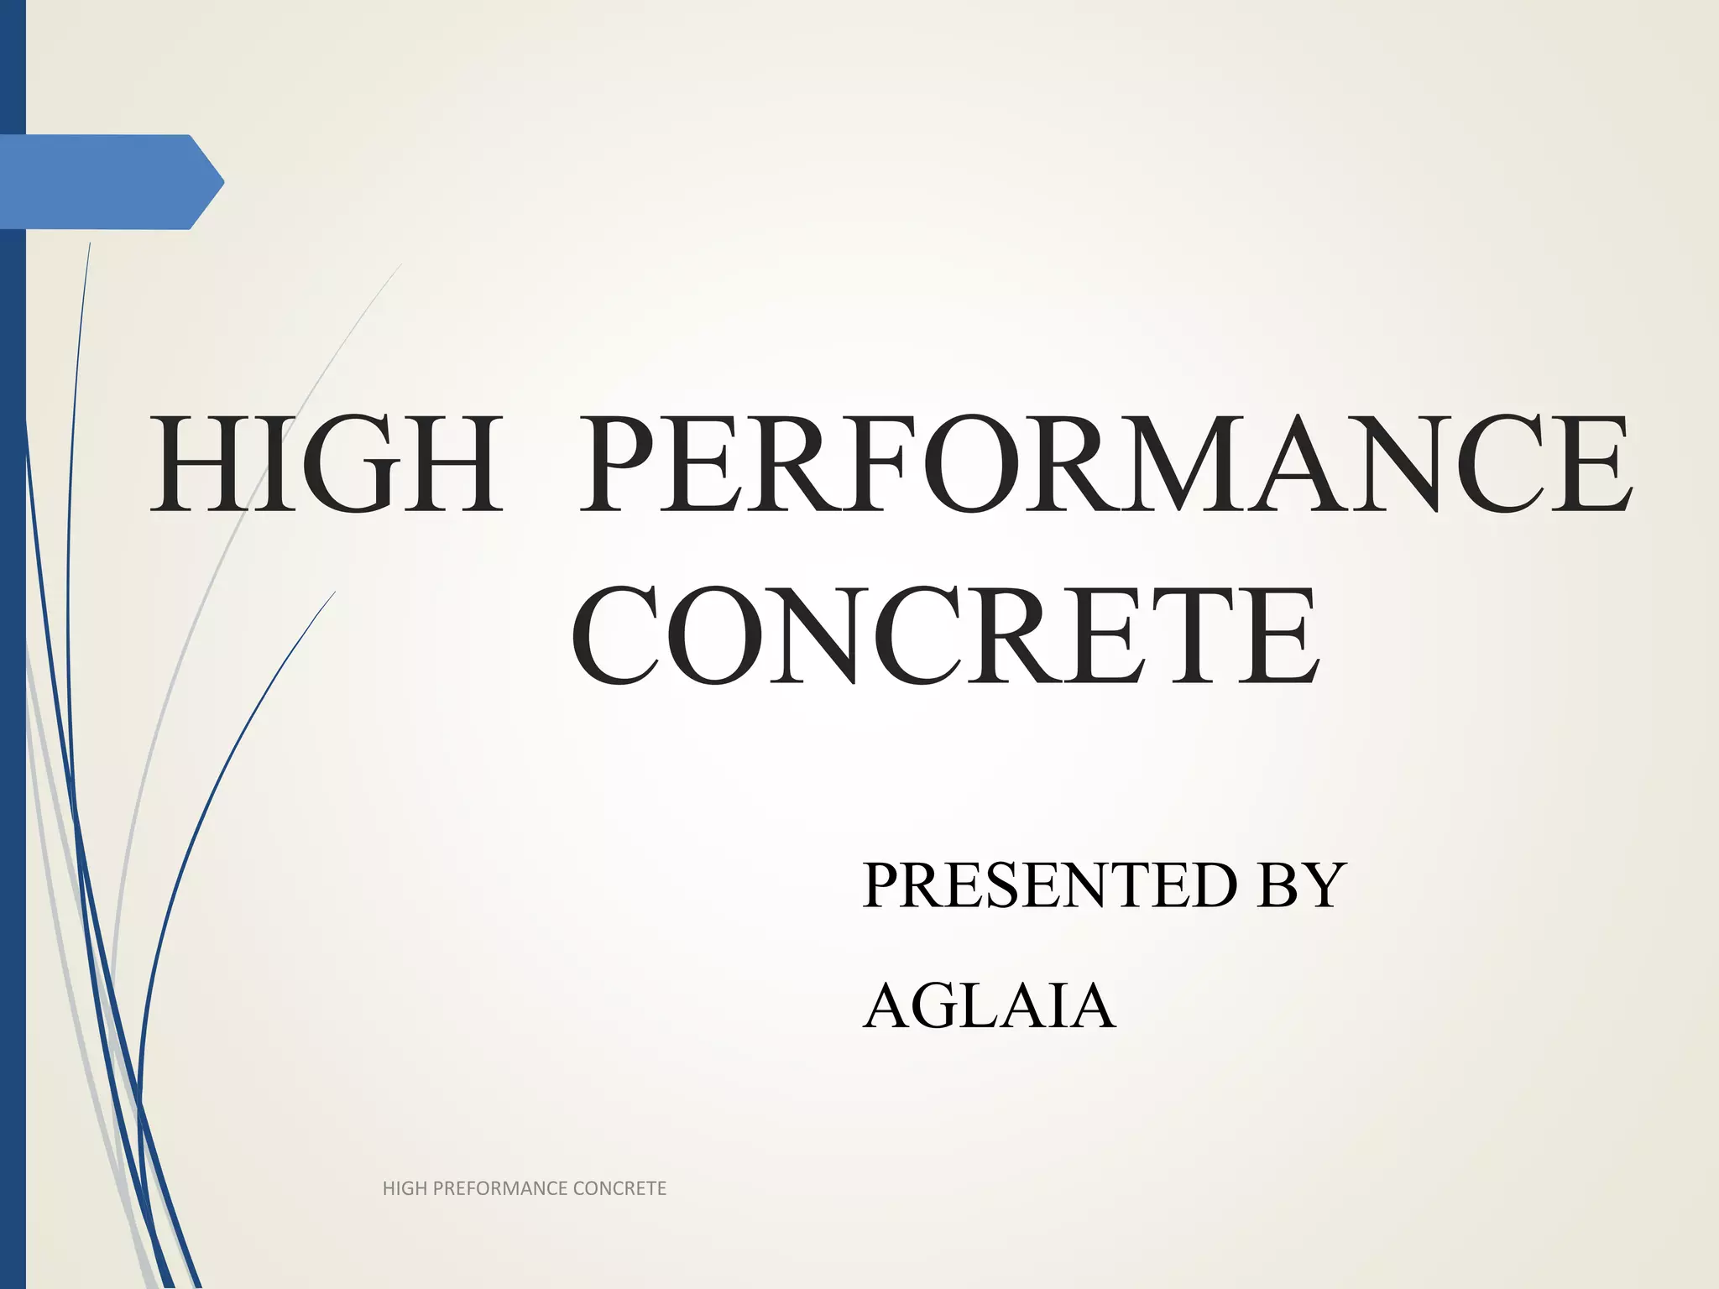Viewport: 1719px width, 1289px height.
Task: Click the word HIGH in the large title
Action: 326,464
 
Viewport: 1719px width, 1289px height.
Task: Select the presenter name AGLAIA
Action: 989,1006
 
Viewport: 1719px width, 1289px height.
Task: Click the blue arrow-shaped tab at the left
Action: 109,181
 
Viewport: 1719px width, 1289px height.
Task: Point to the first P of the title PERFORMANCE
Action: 623,464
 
